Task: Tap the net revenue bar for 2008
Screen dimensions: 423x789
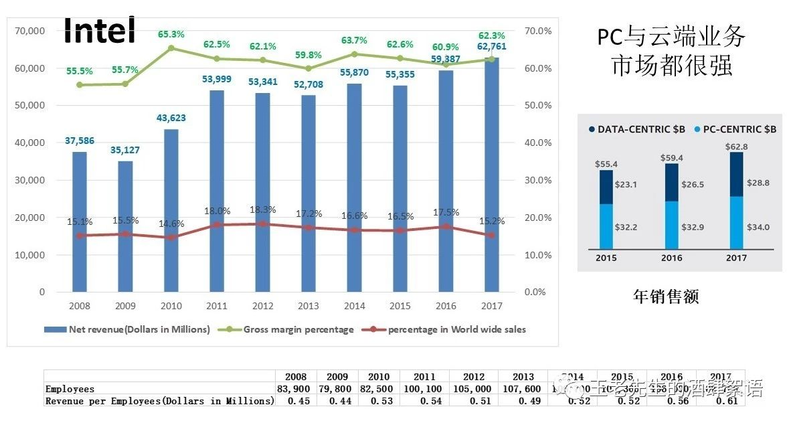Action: pyautogui.click(x=79, y=222)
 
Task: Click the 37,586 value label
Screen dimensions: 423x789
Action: pyautogui.click(x=79, y=141)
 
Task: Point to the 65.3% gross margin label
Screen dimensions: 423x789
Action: pyautogui.click(x=171, y=33)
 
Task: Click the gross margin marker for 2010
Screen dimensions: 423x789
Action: pyautogui.click(x=171, y=48)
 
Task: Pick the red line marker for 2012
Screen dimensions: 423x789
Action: pyautogui.click(x=262, y=224)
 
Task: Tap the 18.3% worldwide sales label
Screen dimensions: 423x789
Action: pyautogui.click(x=262, y=209)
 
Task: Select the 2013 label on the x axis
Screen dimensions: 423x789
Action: pyautogui.click(x=308, y=306)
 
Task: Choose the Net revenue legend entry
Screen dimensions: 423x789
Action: pyautogui.click(x=127, y=329)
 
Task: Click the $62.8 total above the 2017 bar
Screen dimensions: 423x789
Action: pyautogui.click(x=736, y=146)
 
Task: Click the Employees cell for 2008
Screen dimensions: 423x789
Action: pyautogui.click(x=296, y=389)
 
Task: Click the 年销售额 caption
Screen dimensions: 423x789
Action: pyautogui.click(x=666, y=297)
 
